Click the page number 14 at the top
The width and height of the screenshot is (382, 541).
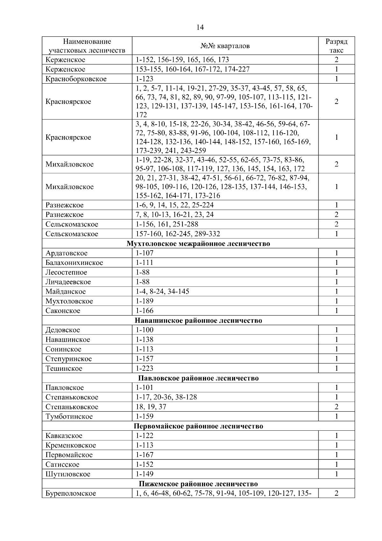tap(200, 27)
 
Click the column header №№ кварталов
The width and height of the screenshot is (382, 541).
tap(225, 46)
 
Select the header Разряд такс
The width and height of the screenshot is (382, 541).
tap(336, 46)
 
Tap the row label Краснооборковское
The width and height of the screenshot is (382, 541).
tap(76, 79)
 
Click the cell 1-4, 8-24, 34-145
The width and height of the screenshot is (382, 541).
tap(162, 291)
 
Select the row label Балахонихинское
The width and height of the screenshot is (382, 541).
tap(74, 263)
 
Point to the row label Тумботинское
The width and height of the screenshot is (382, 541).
tap(69, 416)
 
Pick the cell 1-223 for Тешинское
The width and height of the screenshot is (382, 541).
tap(145, 369)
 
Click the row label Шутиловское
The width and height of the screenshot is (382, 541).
tap(68, 474)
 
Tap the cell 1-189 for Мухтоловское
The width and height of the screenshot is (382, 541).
tap(145, 301)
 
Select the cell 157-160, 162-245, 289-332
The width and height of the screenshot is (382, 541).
tap(178, 234)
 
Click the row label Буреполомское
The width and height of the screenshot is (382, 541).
tap(71, 493)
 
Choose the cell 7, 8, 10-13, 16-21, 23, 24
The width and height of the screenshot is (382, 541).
tap(174, 215)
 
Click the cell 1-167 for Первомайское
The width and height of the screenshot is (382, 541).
tap(145, 455)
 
